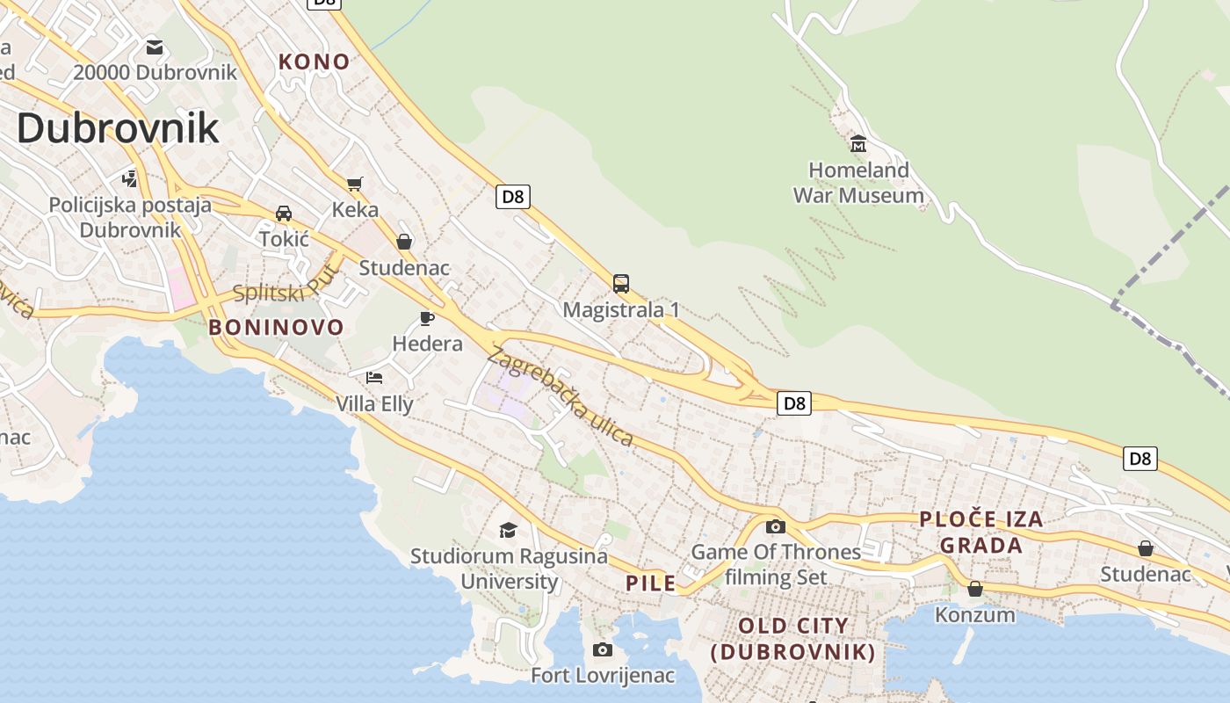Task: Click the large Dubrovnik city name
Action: click(118, 128)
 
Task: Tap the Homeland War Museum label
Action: click(858, 183)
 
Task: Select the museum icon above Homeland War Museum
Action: click(858, 143)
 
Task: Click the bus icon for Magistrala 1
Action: click(621, 284)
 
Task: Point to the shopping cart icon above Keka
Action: click(355, 184)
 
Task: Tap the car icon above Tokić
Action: click(284, 213)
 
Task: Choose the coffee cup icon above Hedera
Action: click(427, 317)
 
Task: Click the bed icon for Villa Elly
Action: click(374, 378)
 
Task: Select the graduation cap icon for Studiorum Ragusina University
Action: click(508, 530)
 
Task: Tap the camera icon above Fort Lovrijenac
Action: click(603, 649)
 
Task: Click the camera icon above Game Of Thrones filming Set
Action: click(776, 526)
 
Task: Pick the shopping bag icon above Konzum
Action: click(974, 589)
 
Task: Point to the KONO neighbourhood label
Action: click(315, 62)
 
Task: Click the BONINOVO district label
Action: click(276, 328)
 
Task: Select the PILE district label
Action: click(651, 583)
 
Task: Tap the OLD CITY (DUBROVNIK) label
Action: click(793, 639)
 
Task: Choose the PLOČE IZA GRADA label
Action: click(981, 532)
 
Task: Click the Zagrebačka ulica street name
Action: click(560, 396)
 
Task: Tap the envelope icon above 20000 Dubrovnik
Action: click(155, 47)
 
